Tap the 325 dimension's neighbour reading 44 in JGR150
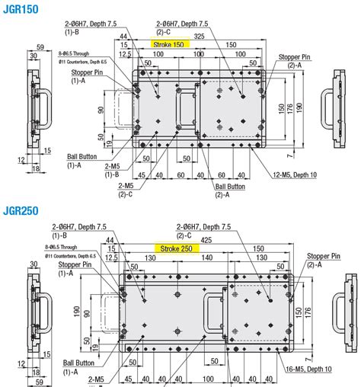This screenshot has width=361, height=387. point(123,37)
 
